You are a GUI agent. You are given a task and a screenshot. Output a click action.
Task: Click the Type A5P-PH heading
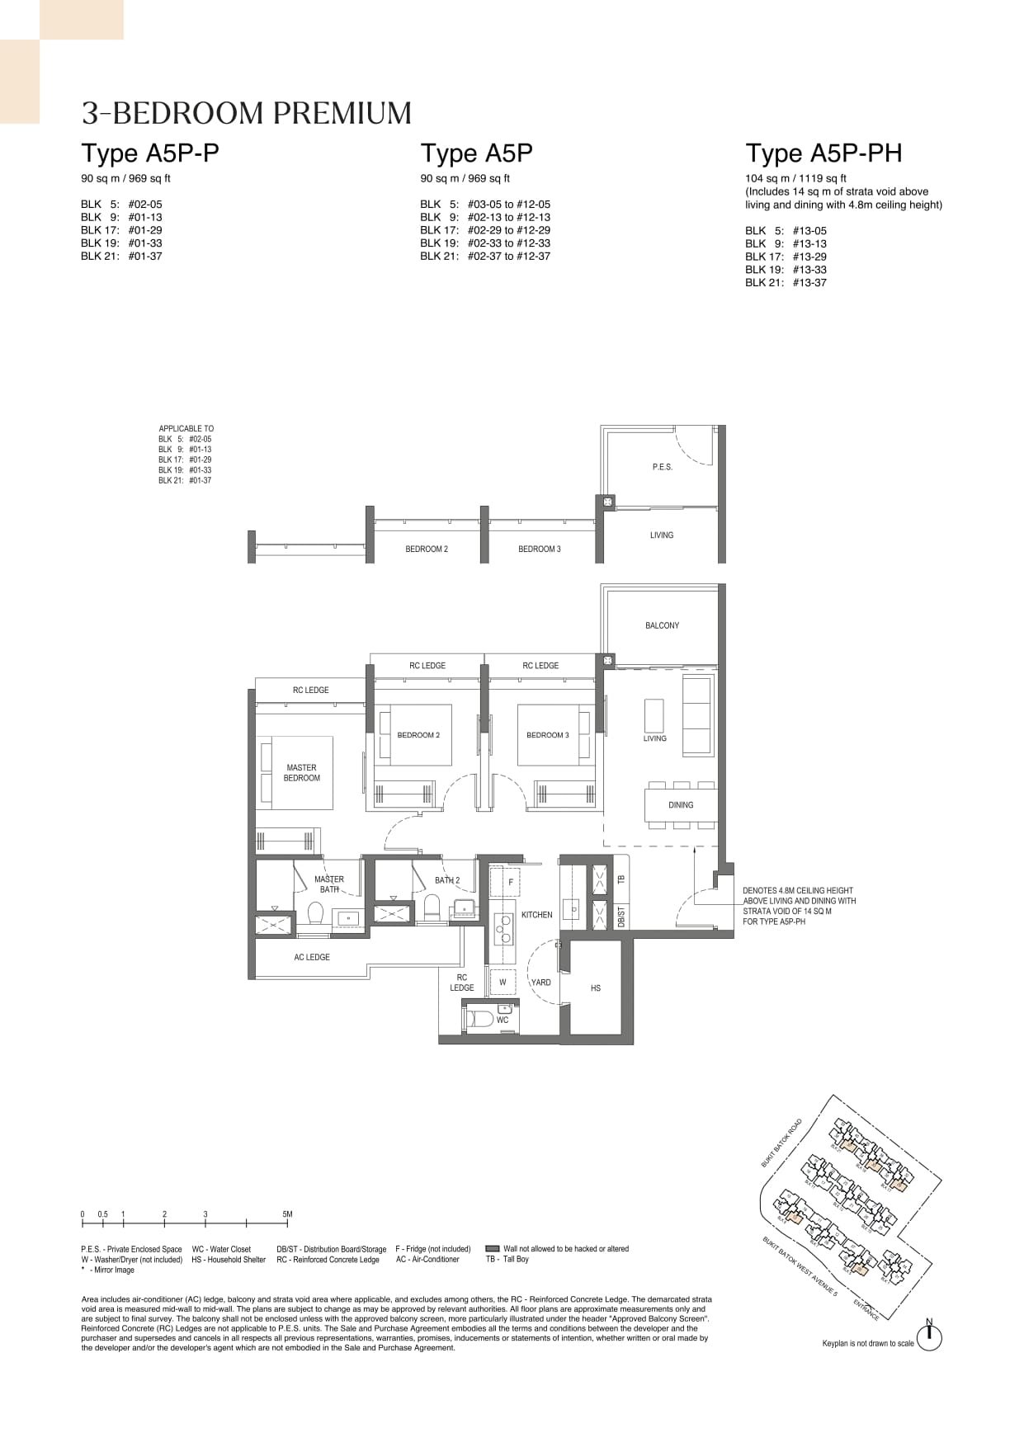click(823, 153)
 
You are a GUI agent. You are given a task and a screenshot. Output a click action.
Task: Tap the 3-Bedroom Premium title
click(247, 114)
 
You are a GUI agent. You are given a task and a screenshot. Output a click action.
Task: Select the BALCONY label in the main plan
click(662, 625)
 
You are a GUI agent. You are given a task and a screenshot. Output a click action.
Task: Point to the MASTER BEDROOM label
click(301, 773)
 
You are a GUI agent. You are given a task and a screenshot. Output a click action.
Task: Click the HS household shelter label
click(596, 987)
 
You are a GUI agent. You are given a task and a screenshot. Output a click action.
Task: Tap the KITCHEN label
click(536, 915)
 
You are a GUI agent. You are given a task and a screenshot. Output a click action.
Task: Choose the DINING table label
click(681, 805)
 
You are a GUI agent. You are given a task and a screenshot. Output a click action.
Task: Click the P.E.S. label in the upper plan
click(662, 467)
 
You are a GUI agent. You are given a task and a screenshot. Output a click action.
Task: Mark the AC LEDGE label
click(312, 957)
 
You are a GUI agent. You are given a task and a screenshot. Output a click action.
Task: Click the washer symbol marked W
click(503, 983)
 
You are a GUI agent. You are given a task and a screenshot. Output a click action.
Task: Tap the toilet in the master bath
click(315, 913)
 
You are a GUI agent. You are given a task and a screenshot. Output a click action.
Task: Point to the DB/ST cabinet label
click(621, 916)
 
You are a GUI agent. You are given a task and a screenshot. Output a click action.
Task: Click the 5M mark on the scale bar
click(287, 1214)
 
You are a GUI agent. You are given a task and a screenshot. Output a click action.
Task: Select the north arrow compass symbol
click(929, 1338)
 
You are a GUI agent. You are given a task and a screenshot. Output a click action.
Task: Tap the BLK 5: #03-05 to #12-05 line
click(484, 204)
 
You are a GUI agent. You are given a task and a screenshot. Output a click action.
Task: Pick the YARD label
click(540, 983)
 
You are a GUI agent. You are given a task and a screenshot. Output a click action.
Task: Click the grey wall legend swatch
click(493, 1249)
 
